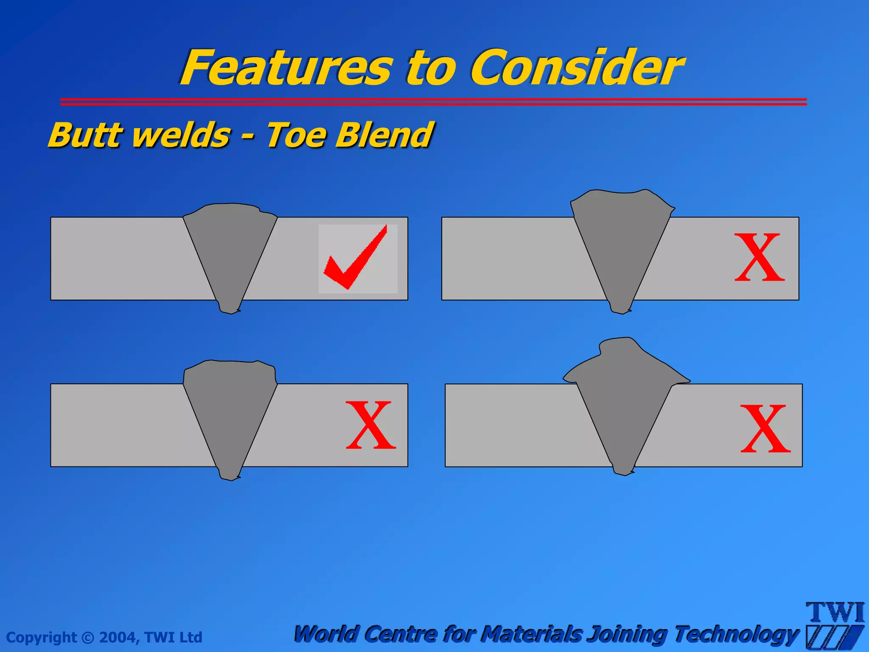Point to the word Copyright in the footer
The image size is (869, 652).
point(42,637)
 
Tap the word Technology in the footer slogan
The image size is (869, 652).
point(736,635)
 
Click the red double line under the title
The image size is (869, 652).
point(433,101)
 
